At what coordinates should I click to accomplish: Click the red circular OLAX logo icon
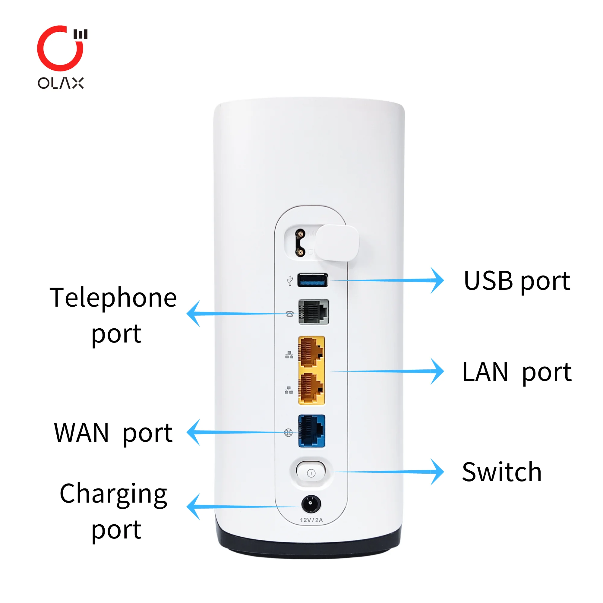(x=60, y=49)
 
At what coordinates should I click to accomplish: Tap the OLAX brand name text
(x=61, y=83)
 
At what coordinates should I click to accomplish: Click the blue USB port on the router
(x=312, y=280)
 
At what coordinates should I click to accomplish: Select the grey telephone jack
(x=313, y=312)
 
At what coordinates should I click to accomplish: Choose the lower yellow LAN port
(x=311, y=389)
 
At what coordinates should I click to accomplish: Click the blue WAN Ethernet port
(x=311, y=431)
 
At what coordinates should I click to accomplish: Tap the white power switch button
(x=311, y=473)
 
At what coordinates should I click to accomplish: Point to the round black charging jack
(x=311, y=504)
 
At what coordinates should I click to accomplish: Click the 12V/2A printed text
(x=311, y=520)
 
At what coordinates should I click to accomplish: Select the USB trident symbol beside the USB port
(x=290, y=281)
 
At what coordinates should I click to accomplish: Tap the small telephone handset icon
(x=290, y=314)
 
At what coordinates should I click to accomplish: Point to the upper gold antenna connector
(x=301, y=234)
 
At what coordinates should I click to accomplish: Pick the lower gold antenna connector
(x=301, y=252)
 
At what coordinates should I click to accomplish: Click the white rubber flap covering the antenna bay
(x=337, y=243)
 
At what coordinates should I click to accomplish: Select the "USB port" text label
(x=517, y=281)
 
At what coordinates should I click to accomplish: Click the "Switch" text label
(x=502, y=472)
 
